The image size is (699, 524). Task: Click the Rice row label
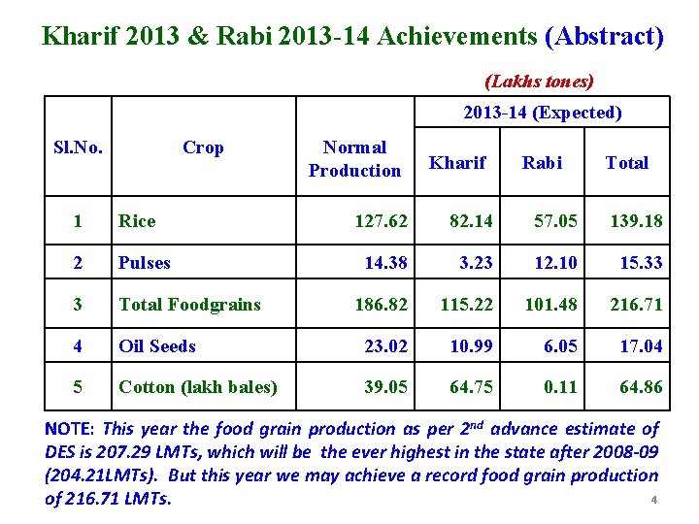pos(137,221)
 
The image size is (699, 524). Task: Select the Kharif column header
pos(457,163)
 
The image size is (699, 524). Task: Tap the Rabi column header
pos(542,163)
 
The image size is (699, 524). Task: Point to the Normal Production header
pos(354,159)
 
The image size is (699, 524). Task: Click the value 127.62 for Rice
pos(382,221)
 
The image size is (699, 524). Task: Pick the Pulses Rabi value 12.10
pos(556,263)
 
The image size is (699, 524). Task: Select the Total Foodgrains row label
pos(189,305)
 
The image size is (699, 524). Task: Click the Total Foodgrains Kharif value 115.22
pos(468,305)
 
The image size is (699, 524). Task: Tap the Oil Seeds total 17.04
pos(641,346)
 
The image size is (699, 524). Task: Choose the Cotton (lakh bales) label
pos(198,387)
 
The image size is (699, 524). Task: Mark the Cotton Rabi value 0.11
pos(561,387)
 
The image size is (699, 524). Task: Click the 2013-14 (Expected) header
pos(543,113)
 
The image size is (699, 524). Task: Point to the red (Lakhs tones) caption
pos(539,82)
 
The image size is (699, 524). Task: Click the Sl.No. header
pos(78,147)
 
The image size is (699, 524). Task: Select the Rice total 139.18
pos(637,221)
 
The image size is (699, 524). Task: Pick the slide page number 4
pos(654,501)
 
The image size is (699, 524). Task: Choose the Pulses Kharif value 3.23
pos(476,263)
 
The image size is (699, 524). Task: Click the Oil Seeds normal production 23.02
pos(385,346)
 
